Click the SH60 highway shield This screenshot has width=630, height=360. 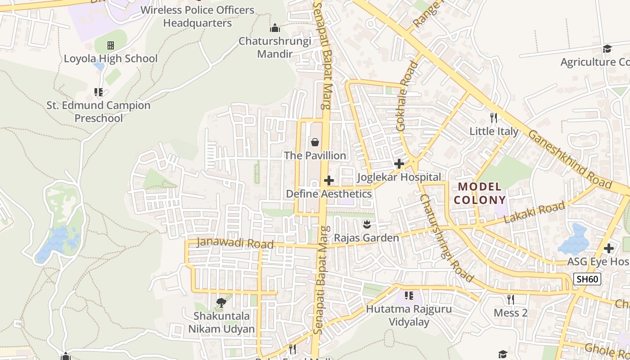[x=588, y=279]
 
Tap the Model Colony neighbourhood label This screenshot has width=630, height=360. [x=480, y=193]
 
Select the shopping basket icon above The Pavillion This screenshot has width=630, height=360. [x=315, y=142]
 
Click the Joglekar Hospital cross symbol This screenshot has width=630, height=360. [x=399, y=163]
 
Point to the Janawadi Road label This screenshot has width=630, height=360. [x=235, y=243]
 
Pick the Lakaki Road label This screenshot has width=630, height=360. [x=534, y=213]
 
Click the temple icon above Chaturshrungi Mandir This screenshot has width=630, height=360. [x=275, y=28]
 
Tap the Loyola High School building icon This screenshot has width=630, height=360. [x=111, y=45]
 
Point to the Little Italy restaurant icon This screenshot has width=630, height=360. [x=494, y=118]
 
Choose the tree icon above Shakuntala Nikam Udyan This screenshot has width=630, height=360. [x=221, y=302]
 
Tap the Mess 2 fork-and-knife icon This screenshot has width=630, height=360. [x=510, y=299]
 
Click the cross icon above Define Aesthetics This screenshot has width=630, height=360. [x=329, y=180]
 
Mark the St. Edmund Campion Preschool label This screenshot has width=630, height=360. [x=99, y=112]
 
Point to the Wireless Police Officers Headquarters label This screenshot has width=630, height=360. [x=198, y=16]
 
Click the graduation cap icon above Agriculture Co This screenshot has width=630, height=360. [x=607, y=49]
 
